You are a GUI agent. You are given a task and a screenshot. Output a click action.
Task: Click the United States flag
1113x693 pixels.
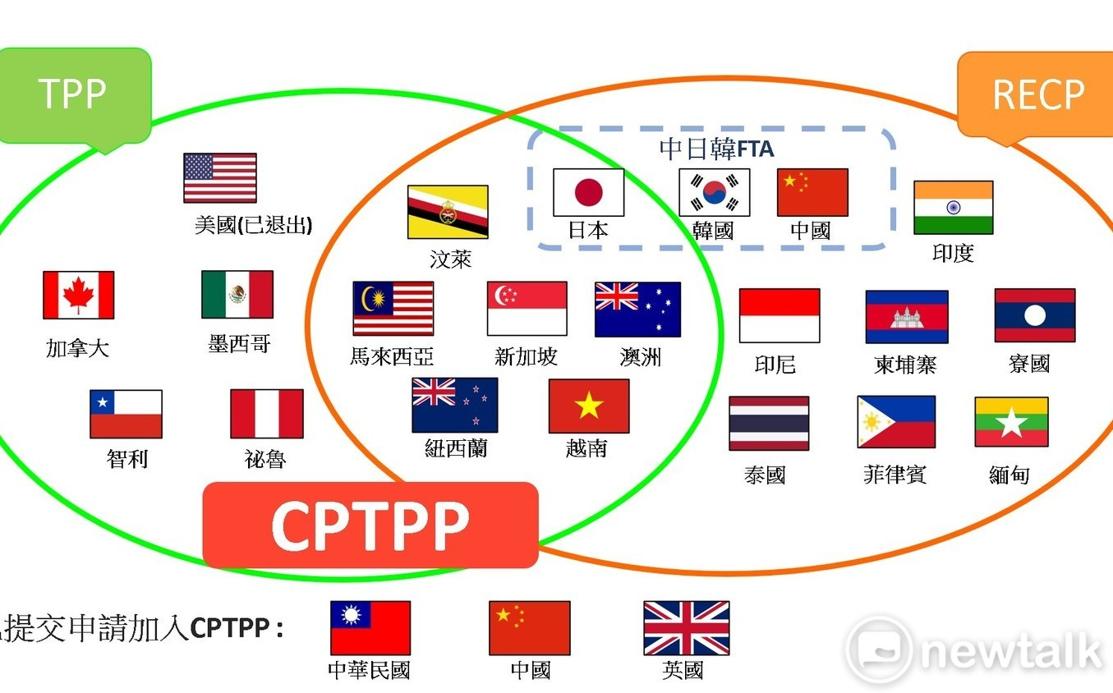pyautogui.click(x=220, y=177)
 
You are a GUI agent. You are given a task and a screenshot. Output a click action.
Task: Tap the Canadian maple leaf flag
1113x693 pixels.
pyautogui.click(x=79, y=295)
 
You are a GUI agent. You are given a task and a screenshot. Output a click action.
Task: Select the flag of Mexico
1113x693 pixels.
pyautogui.click(x=237, y=294)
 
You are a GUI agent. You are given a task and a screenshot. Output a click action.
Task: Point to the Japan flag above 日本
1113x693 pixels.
pyautogui.click(x=588, y=193)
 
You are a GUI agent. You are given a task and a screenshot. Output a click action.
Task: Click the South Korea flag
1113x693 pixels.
pyautogui.click(x=714, y=193)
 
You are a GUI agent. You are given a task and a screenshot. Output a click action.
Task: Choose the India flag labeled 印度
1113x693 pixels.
pyautogui.click(x=953, y=208)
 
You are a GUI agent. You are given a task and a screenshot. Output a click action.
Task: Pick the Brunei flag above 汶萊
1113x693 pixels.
pyautogui.click(x=448, y=212)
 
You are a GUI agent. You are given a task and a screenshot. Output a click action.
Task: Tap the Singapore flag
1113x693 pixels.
pyautogui.click(x=527, y=309)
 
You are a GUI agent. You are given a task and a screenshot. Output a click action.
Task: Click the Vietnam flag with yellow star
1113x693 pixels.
pyautogui.click(x=589, y=406)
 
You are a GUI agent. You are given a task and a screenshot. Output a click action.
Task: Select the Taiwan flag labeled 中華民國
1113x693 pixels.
pyautogui.click(x=370, y=628)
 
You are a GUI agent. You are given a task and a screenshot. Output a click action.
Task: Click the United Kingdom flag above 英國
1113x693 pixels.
pyautogui.click(x=686, y=628)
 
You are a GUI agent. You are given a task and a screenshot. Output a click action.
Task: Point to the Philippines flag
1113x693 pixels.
pyautogui.click(x=896, y=422)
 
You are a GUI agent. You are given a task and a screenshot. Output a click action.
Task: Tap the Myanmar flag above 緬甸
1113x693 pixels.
pyautogui.click(x=1011, y=422)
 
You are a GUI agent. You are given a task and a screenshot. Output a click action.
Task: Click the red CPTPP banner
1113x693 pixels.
pyautogui.click(x=370, y=525)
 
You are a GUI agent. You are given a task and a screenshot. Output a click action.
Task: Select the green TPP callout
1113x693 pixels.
pyautogui.click(x=74, y=95)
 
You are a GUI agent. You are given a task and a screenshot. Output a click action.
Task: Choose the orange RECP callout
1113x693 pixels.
pyautogui.click(x=1037, y=95)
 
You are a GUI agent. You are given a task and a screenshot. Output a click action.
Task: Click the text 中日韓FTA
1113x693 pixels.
pyautogui.click(x=716, y=149)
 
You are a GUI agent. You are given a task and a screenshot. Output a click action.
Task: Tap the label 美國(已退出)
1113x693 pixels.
pyautogui.click(x=253, y=225)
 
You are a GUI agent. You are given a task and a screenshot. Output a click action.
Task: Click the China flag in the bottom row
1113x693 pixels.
pyautogui.click(x=529, y=628)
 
